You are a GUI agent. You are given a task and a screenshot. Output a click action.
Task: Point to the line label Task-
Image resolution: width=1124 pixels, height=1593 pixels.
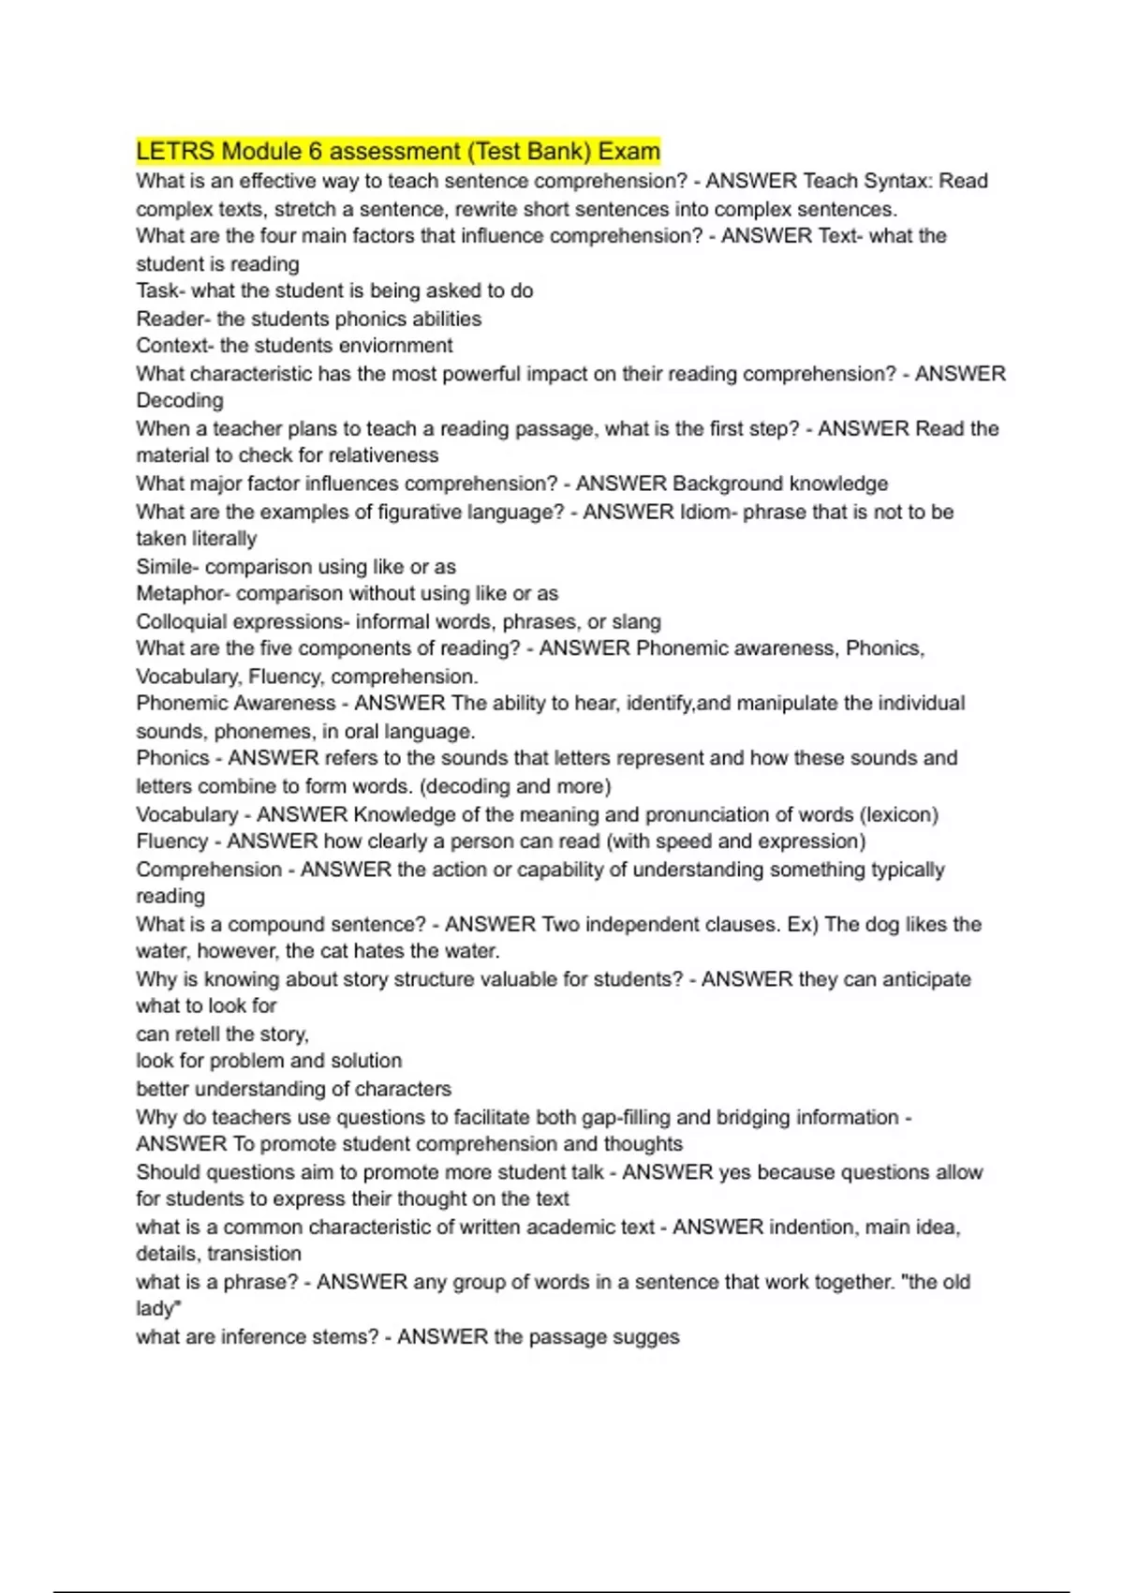pyautogui.click(x=160, y=290)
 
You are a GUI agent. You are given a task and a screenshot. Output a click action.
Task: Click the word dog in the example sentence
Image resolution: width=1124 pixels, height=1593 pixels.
pyautogui.click(x=881, y=924)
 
